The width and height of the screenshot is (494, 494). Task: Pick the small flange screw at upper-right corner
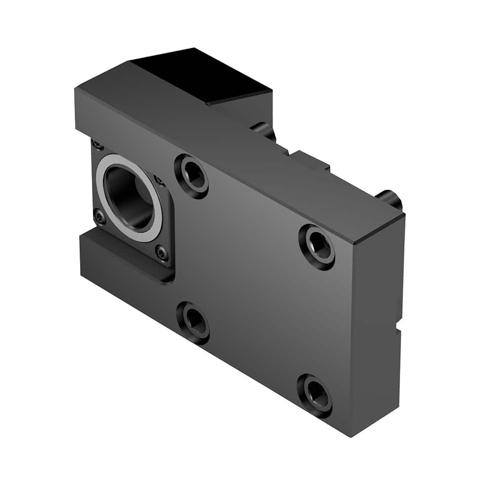point(159,180)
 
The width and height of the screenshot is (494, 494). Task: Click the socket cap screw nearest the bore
point(192,176)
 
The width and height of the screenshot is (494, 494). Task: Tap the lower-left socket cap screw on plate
point(193,323)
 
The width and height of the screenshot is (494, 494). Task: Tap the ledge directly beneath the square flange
point(123,254)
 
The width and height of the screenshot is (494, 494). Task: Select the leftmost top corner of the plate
point(76,90)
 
